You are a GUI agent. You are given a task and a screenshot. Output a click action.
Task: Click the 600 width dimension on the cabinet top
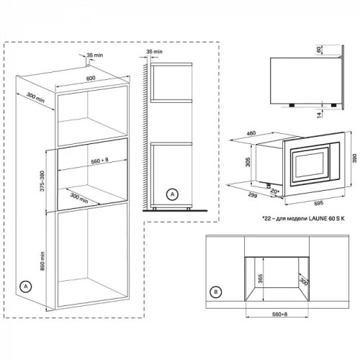(x=91, y=78)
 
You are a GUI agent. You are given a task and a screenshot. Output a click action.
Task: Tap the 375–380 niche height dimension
(x=42, y=181)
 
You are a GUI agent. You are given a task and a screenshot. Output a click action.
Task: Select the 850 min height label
(x=42, y=261)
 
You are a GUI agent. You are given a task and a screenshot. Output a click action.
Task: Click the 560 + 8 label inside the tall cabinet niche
(x=99, y=161)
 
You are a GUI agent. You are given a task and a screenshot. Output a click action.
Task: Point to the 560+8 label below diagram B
(x=280, y=314)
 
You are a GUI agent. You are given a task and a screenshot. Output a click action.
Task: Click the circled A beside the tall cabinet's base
(x=26, y=287)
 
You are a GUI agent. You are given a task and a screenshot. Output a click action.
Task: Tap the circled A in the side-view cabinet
(x=172, y=194)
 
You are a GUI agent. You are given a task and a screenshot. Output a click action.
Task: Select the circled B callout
(x=216, y=292)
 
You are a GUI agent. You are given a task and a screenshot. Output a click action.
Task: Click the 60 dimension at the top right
(x=319, y=50)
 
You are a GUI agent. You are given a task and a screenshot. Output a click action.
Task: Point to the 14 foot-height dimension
(x=319, y=115)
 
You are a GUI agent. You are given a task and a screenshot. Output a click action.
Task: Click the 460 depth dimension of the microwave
(x=251, y=133)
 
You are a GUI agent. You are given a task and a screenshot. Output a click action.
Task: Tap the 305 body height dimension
(x=248, y=162)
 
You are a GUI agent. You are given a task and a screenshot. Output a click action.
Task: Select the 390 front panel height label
(x=354, y=158)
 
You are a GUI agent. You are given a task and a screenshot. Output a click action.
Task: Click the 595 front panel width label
(x=319, y=203)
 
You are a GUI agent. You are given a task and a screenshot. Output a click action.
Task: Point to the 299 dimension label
(x=253, y=196)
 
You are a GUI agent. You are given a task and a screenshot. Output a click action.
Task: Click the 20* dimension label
(x=275, y=192)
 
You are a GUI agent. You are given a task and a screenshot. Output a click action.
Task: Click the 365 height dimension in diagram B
(x=261, y=279)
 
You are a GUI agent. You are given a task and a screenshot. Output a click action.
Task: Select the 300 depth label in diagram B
(x=304, y=282)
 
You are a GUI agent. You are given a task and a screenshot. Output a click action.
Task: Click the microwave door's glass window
(x=310, y=165)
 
